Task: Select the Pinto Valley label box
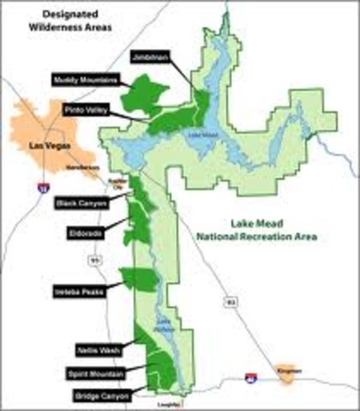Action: click(86, 110)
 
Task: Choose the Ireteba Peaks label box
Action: click(78, 289)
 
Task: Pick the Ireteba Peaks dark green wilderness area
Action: click(140, 279)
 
